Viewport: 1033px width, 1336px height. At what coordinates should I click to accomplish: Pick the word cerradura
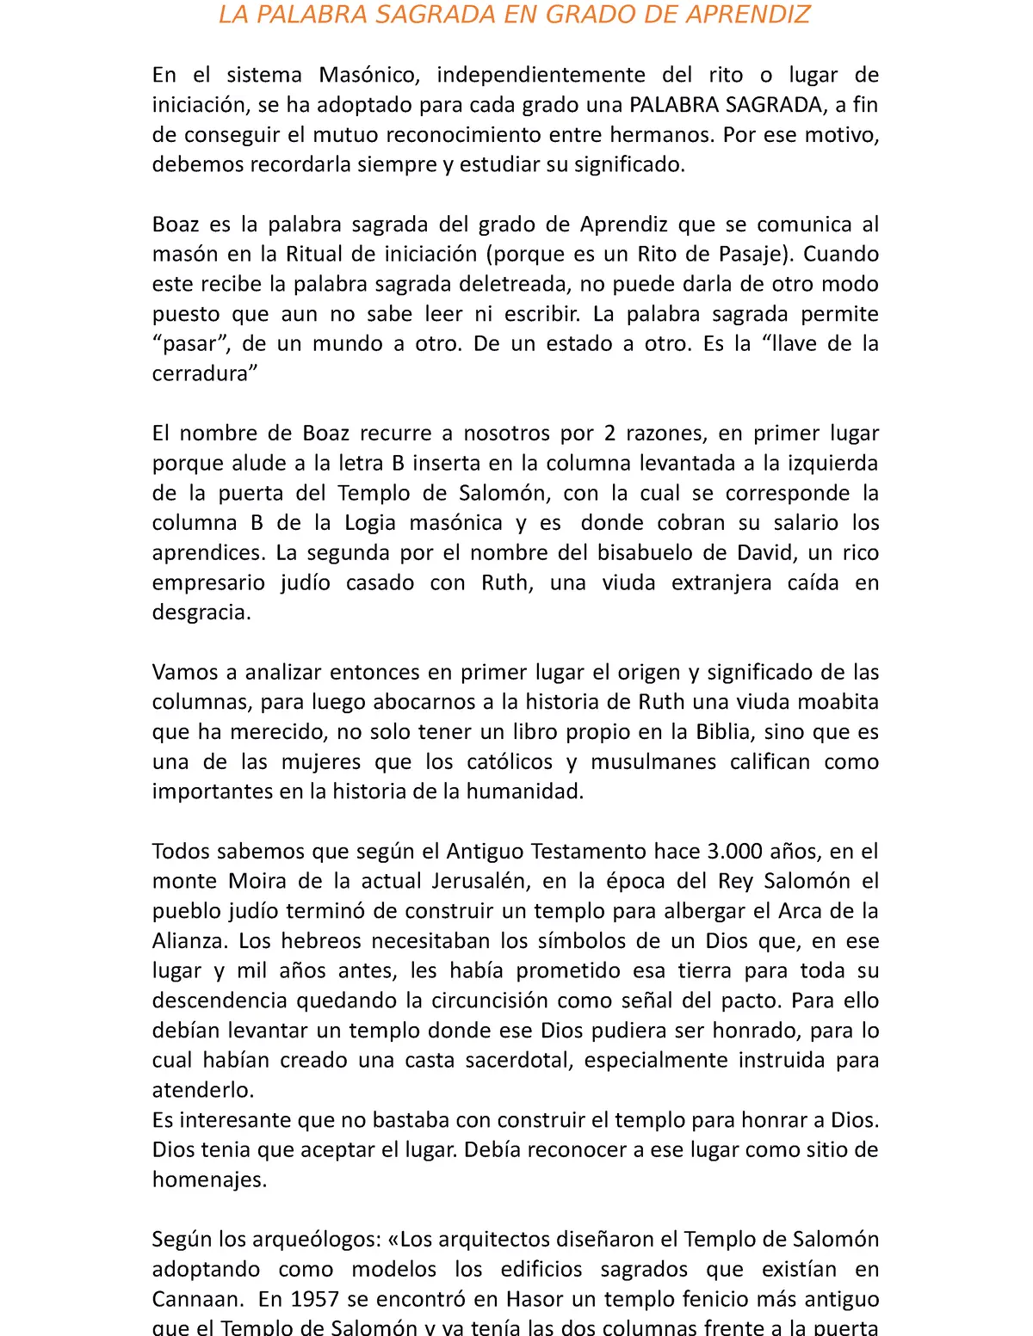[203, 373]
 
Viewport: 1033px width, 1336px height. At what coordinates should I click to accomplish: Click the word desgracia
[201, 613]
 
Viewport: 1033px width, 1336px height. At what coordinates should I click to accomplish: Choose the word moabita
[838, 702]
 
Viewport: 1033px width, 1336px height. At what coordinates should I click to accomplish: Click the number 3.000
[734, 851]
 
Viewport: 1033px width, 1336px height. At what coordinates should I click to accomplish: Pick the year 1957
[316, 1299]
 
